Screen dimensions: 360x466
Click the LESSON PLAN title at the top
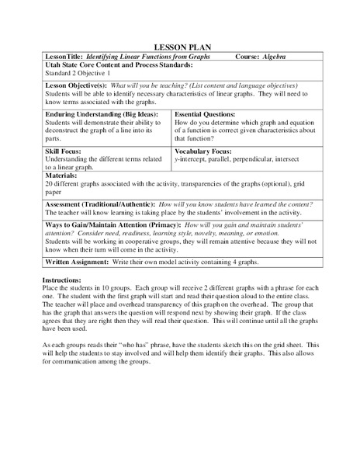[180, 47]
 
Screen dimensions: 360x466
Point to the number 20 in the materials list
[50, 186]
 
